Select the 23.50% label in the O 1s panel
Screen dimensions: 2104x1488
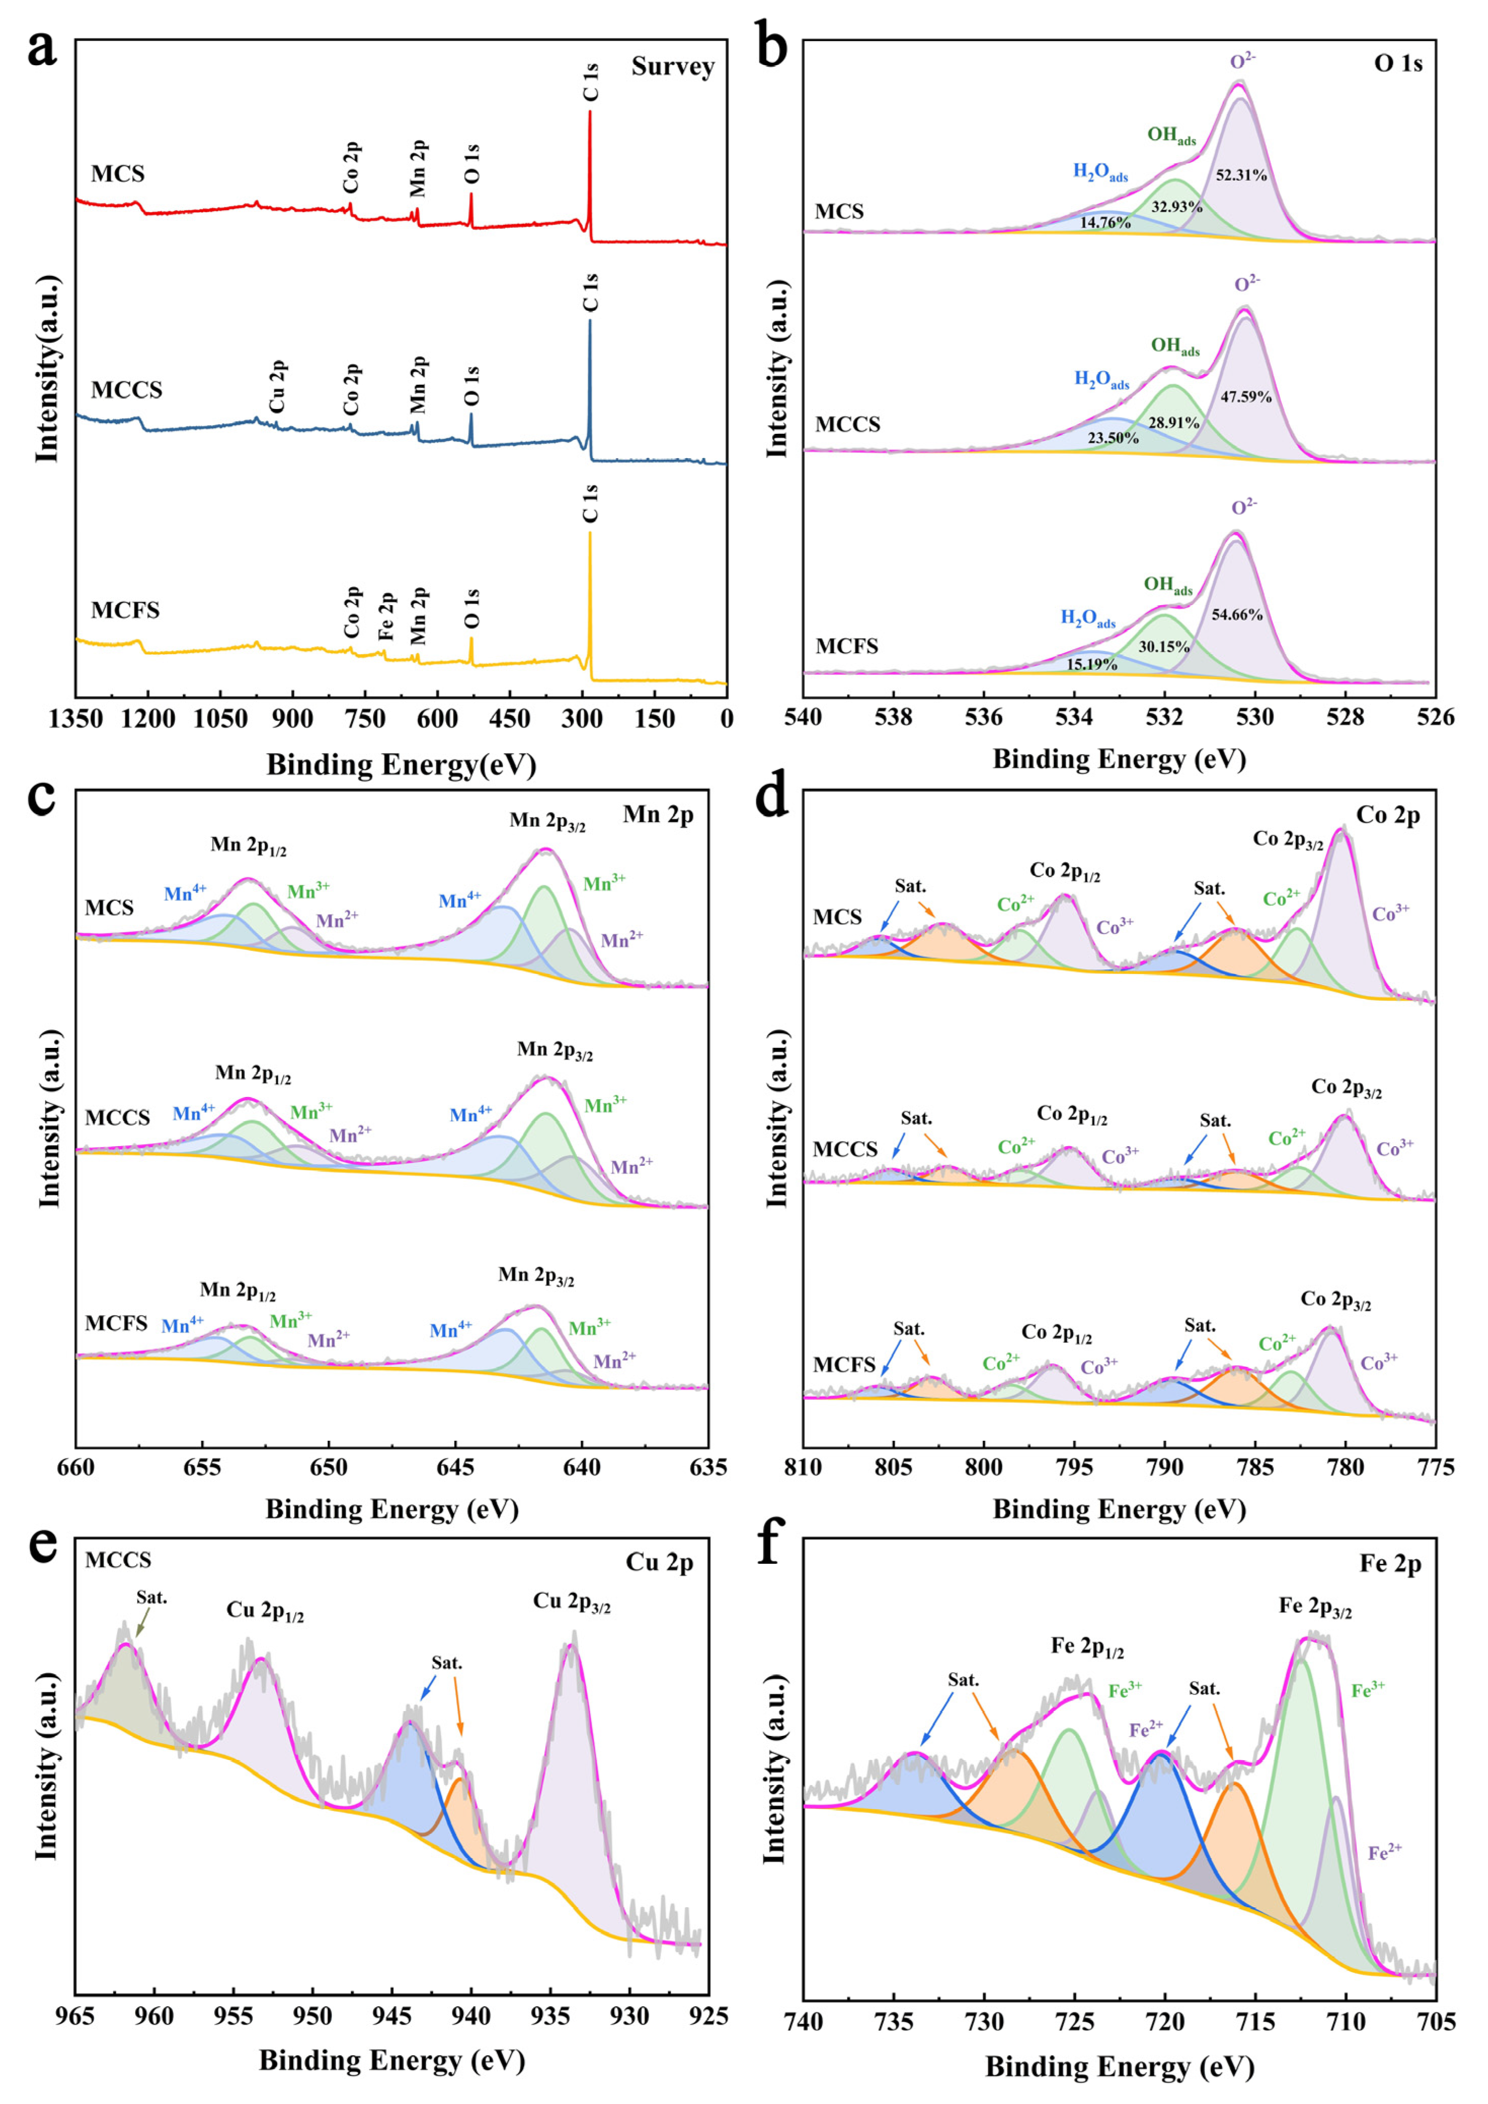point(1113,438)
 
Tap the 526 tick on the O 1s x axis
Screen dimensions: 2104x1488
point(1435,717)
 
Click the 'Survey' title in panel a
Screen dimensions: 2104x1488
point(672,67)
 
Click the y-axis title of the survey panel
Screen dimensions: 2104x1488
point(46,367)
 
